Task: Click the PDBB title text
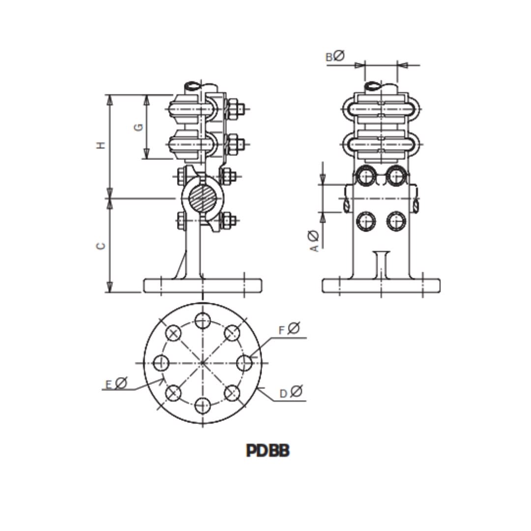point(267,450)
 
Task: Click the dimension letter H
point(101,146)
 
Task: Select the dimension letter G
point(139,127)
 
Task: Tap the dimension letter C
point(101,246)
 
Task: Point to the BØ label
point(335,57)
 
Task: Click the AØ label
point(314,241)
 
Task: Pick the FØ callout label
point(289,328)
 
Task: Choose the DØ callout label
point(291,392)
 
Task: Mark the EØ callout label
point(116,383)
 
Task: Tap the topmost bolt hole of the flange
point(203,321)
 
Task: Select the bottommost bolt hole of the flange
point(203,406)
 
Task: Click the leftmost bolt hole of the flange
point(161,363)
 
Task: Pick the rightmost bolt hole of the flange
point(244,363)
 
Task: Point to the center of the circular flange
point(203,363)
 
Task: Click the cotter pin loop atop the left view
point(193,86)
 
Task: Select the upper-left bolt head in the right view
point(365,177)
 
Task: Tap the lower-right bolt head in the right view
point(396,221)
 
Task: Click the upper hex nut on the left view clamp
point(233,109)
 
